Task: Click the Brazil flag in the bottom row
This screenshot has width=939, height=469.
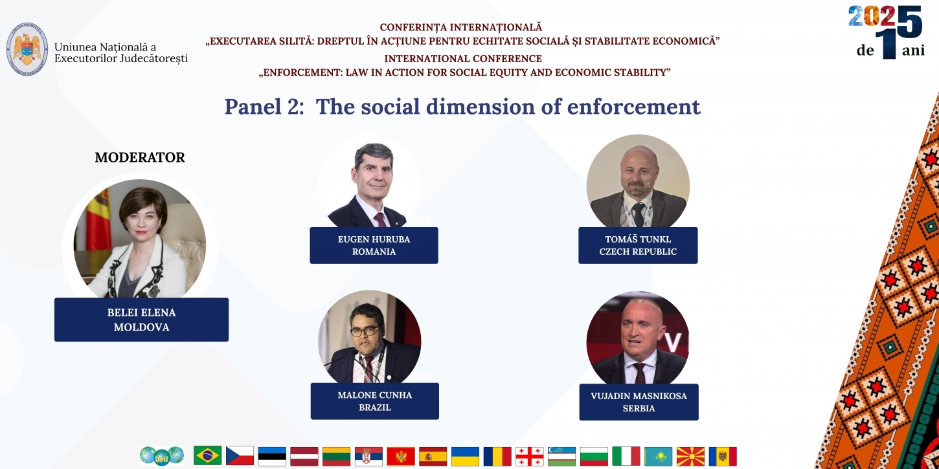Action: click(x=207, y=455)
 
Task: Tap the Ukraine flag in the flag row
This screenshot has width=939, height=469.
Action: click(x=466, y=456)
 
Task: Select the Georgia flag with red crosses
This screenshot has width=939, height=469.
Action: click(x=530, y=456)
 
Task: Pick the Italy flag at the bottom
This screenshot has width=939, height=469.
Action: click(x=626, y=456)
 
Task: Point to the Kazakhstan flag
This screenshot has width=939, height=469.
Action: click(x=658, y=456)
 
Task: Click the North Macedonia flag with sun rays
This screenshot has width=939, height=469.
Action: click(x=690, y=456)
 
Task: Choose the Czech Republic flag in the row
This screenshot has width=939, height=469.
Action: click(x=240, y=455)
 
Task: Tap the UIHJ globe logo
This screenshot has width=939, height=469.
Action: click(x=162, y=456)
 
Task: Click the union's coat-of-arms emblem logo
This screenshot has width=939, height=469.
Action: click(x=27, y=49)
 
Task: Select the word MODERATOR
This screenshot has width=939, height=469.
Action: click(x=140, y=157)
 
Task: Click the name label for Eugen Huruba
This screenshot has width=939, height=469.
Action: click(x=374, y=245)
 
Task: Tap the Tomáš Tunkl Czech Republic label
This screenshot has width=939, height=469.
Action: click(x=638, y=245)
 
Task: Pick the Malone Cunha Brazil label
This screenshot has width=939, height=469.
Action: click(x=375, y=401)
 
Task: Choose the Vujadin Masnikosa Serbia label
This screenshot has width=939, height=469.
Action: click(x=639, y=402)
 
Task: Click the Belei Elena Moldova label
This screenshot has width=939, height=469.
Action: click(x=141, y=320)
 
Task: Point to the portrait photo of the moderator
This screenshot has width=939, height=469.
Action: click(x=140, y=239)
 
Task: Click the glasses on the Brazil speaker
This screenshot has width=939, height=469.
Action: click(x=365, y=331)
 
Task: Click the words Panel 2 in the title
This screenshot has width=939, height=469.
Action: click(x=264, y=106)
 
